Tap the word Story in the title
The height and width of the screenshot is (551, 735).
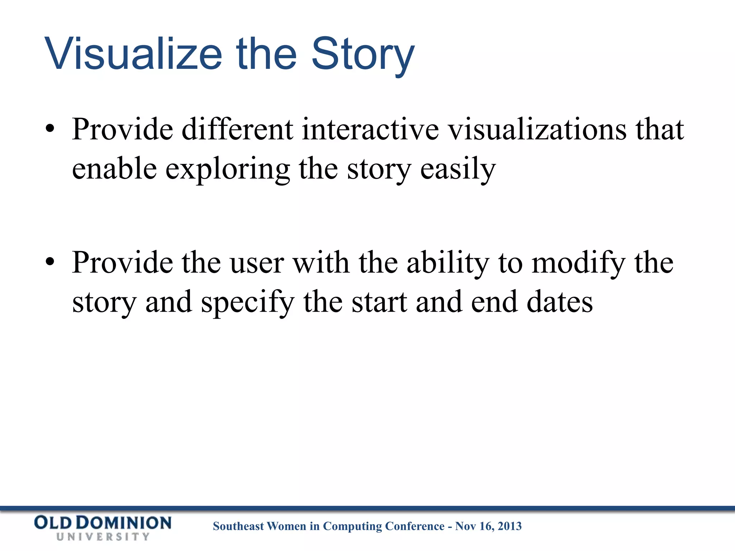362,55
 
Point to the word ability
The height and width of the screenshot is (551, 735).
448,263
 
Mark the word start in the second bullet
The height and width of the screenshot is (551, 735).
379,303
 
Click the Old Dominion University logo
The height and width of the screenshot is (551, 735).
103,527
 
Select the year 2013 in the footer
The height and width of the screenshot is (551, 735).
510,526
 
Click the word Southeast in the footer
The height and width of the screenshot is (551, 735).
238,526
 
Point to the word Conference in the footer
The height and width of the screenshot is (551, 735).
415,526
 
